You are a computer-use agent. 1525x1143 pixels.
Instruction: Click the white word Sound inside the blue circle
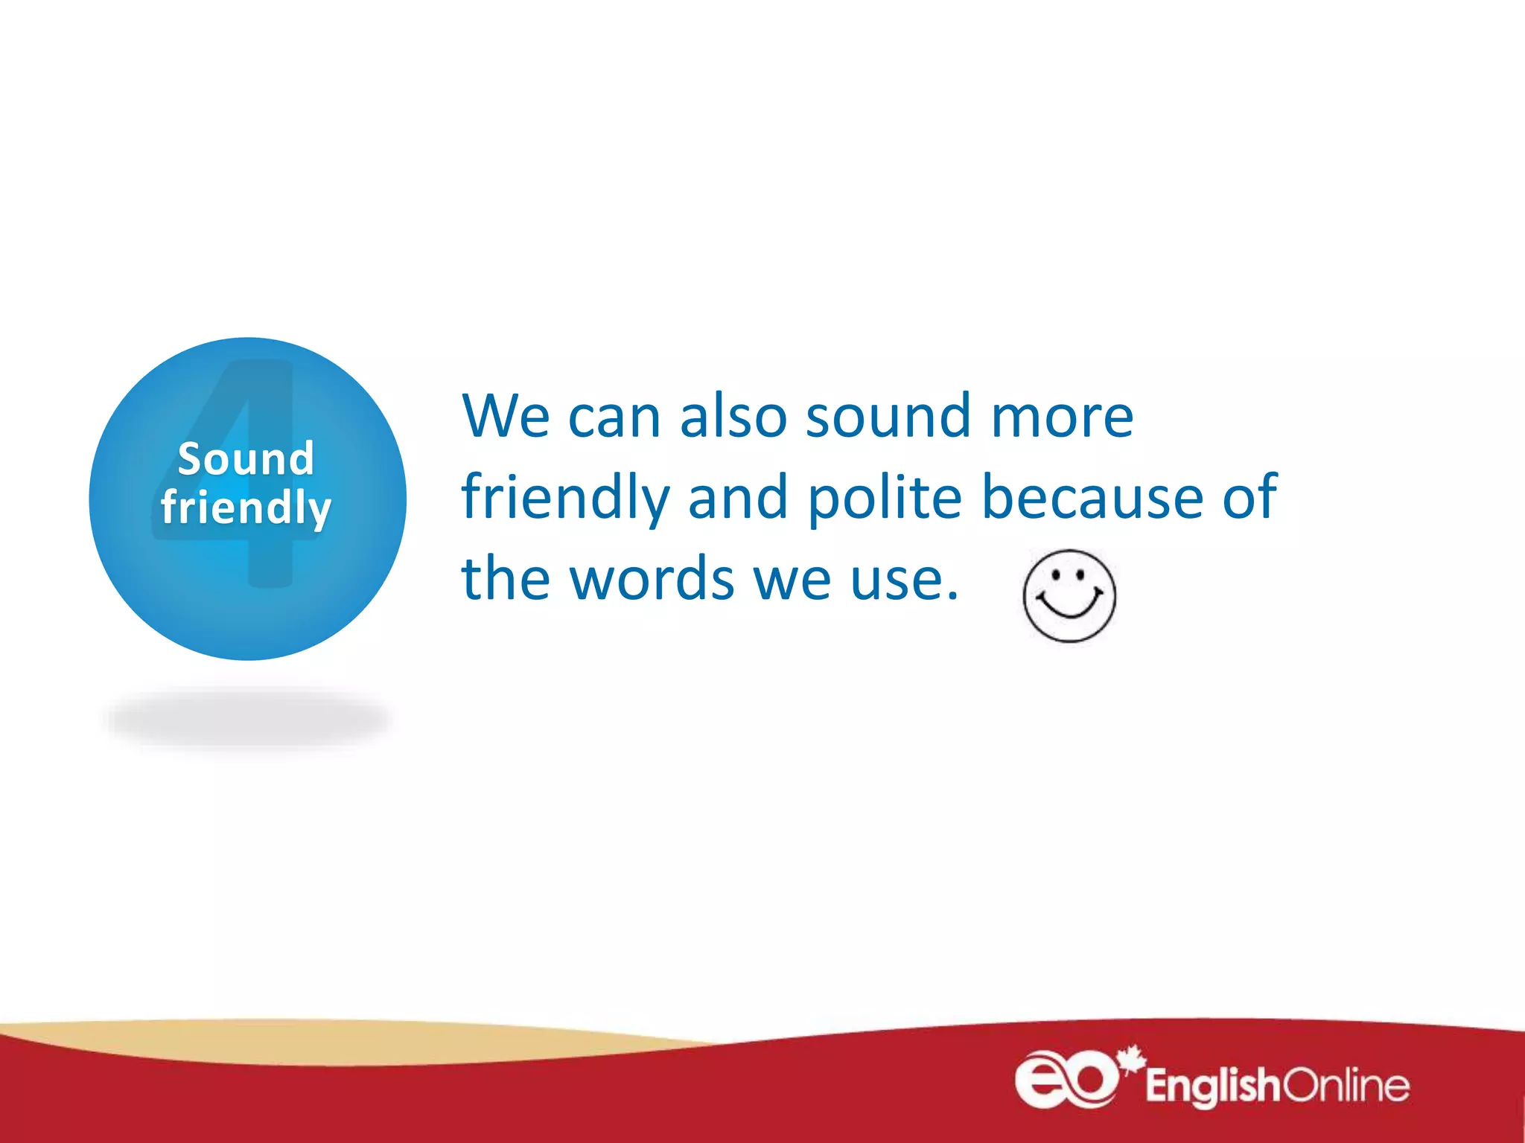click(246, 458)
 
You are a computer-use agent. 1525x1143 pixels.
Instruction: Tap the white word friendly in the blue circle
click(246, 508)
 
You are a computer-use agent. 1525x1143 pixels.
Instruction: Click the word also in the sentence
click(733, 416)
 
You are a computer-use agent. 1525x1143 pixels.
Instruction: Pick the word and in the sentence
click(737, 496)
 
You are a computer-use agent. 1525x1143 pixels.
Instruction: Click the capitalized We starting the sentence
click(506, 416)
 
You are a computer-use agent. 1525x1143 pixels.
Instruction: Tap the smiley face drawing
click(1069, 595)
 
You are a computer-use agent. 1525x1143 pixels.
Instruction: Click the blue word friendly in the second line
click(565, 498)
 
